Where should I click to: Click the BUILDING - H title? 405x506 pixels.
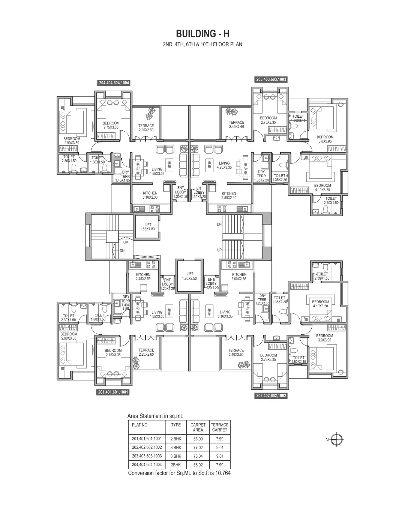(x=202, y=34)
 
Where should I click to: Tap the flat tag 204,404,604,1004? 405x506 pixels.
(x=114, y=83)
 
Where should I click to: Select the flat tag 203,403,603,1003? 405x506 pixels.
(x=271, y=79)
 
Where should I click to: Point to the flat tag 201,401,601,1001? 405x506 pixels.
(x=113, y=392)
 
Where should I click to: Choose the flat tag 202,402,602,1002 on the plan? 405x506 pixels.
(x=271, y=395)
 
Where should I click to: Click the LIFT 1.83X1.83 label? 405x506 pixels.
(x=148, y=227)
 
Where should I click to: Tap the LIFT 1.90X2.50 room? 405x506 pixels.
(x=190, y=276)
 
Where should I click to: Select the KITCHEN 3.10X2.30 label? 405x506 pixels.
(x=150, y=195)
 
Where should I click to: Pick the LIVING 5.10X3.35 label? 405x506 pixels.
(x=225, y=314)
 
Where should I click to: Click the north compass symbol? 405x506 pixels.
(x=338, y=440)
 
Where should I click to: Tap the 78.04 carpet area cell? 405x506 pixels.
(x=198, y=456)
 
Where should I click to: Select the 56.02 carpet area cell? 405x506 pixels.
(x=198, y=465)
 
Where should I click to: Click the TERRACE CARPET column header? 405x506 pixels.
(x=219, y=427)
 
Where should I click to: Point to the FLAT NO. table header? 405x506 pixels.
(x=140, y=425)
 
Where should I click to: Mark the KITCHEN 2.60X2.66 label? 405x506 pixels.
(x=239, y=277)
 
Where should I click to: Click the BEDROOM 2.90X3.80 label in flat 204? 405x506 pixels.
(x=72, y=141)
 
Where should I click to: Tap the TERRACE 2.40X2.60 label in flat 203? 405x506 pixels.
(x=236, y=124)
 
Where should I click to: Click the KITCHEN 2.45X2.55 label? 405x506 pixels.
(x=143, y=277)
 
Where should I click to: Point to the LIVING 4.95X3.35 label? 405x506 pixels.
(x=224, y=165)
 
